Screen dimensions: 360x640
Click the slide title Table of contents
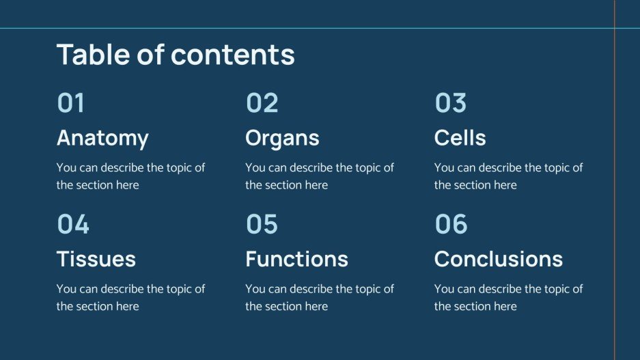coord(176,55)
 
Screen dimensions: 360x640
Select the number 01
coord(71,103)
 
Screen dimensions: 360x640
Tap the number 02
coord(262,103)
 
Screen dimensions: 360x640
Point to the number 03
coord(451,103)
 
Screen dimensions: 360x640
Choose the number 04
coord(73,224)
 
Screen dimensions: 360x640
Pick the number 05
coord(262,224)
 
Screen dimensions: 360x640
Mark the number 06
coord(451,224)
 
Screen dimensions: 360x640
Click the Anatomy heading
coord(102,138)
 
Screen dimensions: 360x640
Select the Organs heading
coord(282,138)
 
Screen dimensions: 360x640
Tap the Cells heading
coord(460,138)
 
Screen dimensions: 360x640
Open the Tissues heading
coord(96,259)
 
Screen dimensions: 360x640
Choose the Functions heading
coord(296,259)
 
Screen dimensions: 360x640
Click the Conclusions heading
coord(499,259)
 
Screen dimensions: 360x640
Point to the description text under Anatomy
coord(130,176)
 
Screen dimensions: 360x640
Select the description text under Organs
coord(320,176)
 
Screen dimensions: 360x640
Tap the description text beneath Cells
coord(508,176)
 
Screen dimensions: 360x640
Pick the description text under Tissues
coord(130,297)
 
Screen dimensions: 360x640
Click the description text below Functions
coord(320,297)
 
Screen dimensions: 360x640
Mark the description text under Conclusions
coord(508,297)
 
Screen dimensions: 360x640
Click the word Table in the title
coord(92,55)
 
